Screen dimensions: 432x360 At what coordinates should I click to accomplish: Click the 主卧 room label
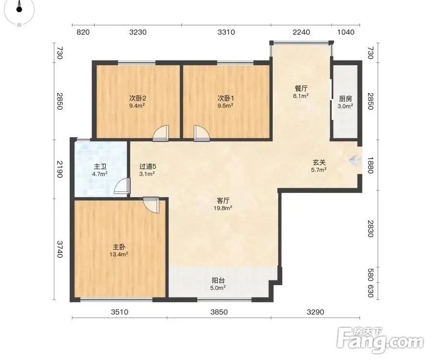coord(119,247)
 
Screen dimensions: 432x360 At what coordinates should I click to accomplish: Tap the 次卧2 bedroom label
coord(138,98)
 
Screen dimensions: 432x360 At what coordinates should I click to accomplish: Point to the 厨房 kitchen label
coord(346,99)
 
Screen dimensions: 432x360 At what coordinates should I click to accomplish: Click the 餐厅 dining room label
coord(301,89)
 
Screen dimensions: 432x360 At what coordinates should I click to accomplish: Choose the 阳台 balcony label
coord(218,281)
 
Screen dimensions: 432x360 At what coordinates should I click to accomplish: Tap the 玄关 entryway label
coord(319,163)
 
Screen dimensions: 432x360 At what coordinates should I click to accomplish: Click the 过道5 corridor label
coord(148,167)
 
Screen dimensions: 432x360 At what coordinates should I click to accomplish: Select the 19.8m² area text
coord(223,208)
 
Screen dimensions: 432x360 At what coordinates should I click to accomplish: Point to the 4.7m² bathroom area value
coord(100,174)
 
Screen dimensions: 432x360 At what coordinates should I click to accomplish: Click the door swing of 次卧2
coord(161,133)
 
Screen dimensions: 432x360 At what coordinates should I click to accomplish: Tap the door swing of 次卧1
coord(202,133)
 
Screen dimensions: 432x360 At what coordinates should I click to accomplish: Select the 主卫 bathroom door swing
coord(122,186)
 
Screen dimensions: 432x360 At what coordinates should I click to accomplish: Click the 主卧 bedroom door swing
coord(151,205)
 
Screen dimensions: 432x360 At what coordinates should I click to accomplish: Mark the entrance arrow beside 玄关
coord(355,160)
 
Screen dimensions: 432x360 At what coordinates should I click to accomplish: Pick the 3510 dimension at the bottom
coord(120,312)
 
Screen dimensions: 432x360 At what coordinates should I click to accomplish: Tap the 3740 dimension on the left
coord(60,249)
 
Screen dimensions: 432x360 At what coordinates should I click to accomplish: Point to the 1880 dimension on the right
coord(370,165)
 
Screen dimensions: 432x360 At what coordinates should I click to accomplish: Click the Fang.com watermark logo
coord(380,341)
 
